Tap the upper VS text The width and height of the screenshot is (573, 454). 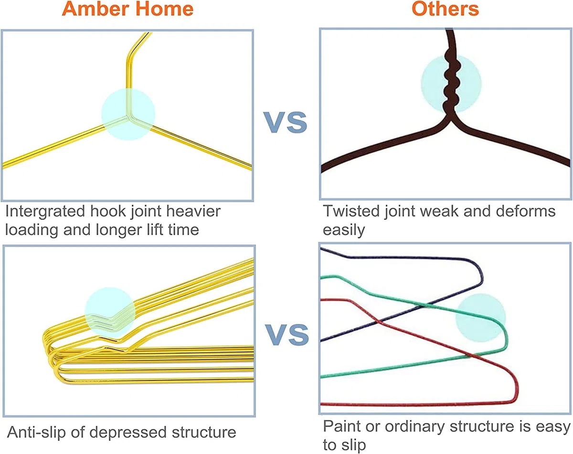[x=285, y=122]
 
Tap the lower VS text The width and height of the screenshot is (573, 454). [x=287, y=335]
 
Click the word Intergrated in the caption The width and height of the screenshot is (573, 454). [x=45, y=211]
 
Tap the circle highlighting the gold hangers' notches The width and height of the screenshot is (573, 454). [x=110, y=313]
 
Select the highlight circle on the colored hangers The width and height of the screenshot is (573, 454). [x=480, y=318]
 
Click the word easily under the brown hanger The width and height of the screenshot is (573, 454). [x=343, y=230]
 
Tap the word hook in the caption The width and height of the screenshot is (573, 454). [x=108, y=211]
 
